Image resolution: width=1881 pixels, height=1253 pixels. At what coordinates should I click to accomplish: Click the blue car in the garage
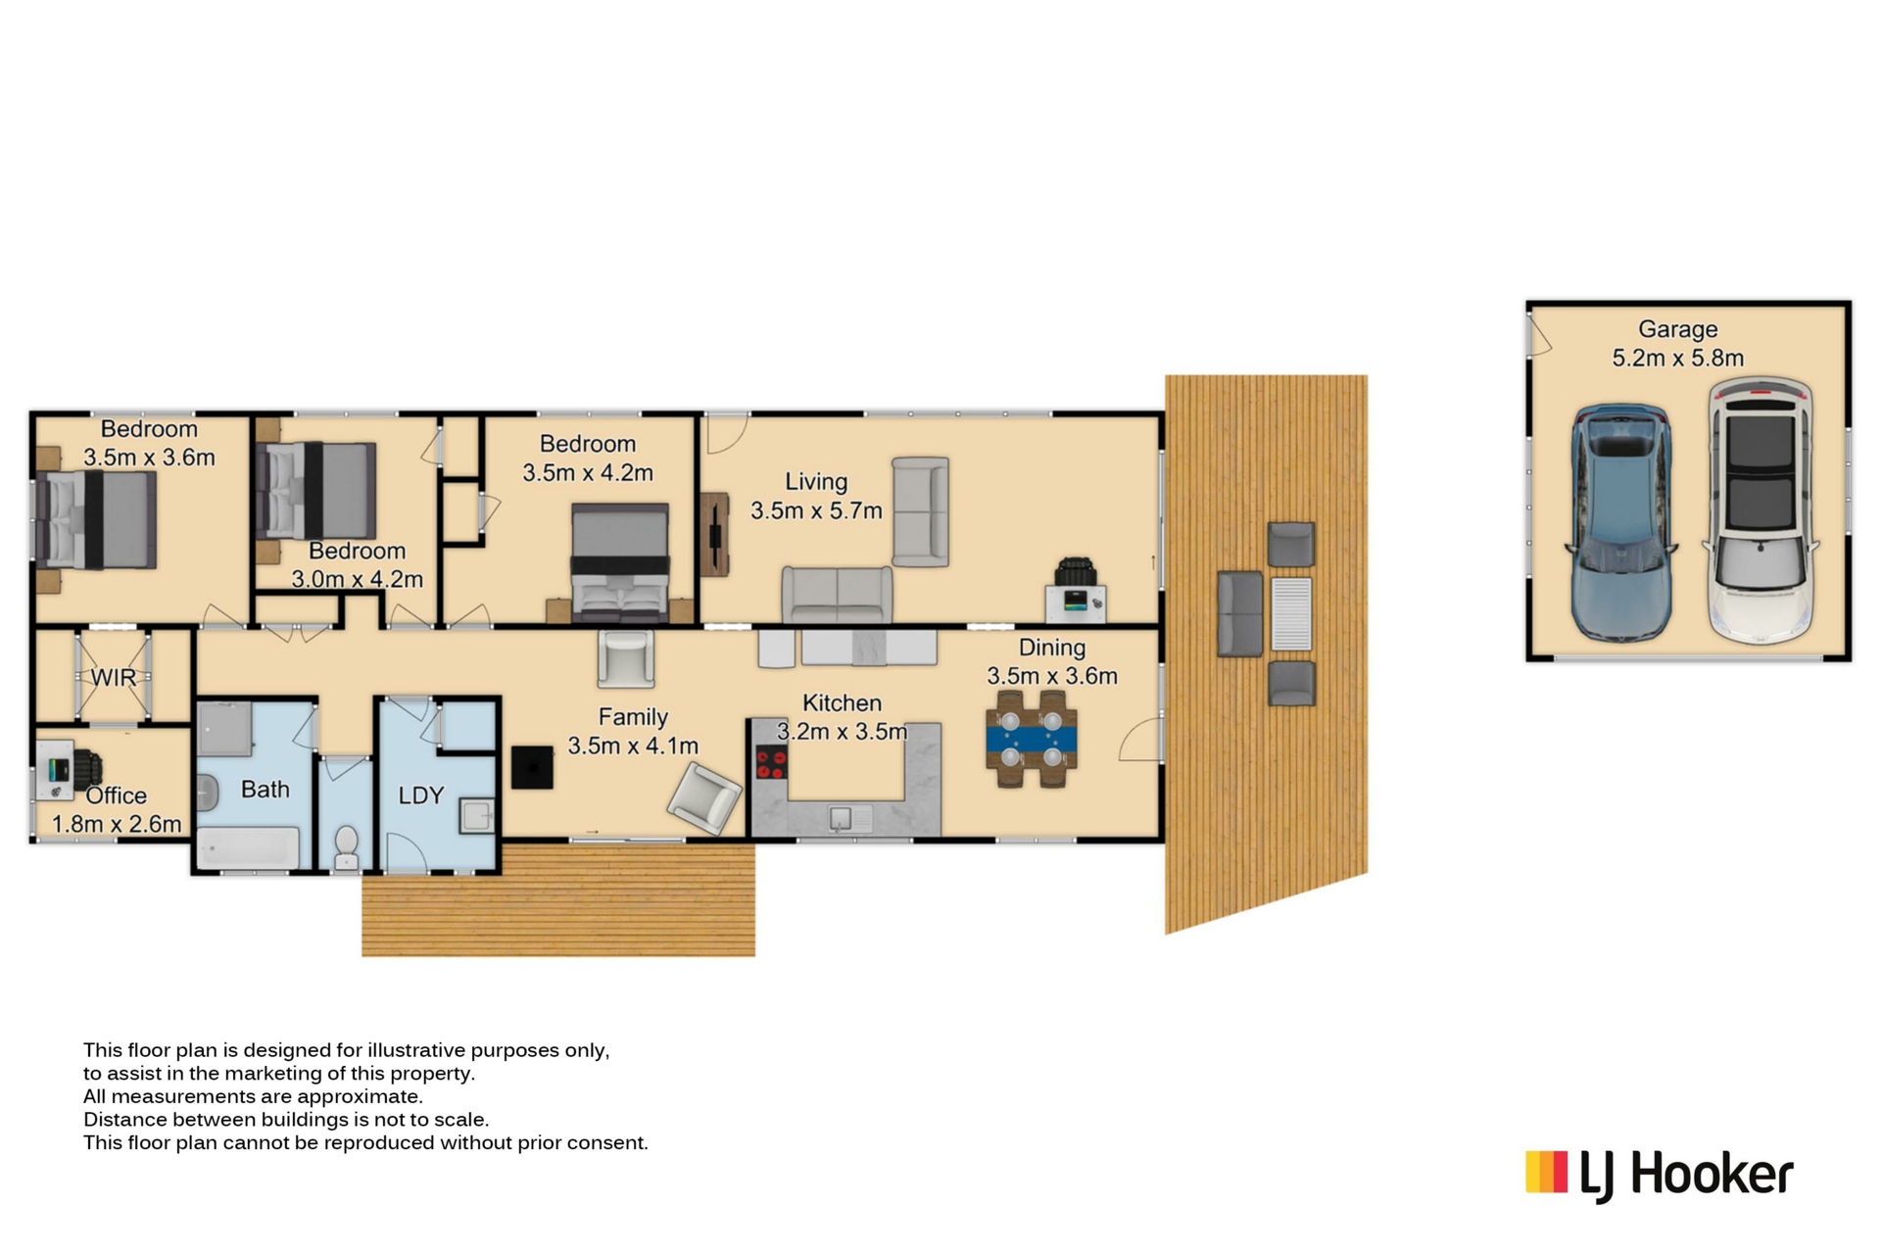tap(1620, 523)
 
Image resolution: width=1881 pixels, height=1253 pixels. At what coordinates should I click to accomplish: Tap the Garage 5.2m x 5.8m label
tap(1678, 344)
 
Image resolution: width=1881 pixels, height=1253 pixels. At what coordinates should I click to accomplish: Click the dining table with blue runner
tap(1032, 739)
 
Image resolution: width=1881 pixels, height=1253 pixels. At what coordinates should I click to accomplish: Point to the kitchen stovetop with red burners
tap(771, 762)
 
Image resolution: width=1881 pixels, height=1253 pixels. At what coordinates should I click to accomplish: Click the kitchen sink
tap(841, 818)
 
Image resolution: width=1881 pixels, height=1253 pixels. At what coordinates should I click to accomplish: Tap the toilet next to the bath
tap(346, 846)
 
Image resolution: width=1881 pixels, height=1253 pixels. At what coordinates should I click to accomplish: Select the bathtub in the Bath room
tap(249, 848)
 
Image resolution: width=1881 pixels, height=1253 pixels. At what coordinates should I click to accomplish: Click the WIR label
tap(114, 677)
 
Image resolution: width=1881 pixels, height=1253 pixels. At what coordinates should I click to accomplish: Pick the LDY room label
tap(421, 795)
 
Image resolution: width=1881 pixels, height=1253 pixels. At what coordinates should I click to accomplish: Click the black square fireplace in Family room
tap(532, 767)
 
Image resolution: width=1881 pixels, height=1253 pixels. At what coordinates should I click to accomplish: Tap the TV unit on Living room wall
tap(715, 534)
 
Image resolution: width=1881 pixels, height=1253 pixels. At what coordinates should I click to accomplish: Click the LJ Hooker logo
tap(1660, 1175)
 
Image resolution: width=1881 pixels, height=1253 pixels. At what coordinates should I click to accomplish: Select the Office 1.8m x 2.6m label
tap(117, 810)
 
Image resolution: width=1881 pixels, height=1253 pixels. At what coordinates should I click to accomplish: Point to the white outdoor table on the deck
tap(1291, 614)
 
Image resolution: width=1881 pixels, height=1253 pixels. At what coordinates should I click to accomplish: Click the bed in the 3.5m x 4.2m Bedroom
tap(620, 562)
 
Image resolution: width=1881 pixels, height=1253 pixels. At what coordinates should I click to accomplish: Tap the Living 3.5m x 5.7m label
tap(816, 496)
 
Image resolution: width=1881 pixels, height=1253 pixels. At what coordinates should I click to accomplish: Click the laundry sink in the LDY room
tap(477, 815)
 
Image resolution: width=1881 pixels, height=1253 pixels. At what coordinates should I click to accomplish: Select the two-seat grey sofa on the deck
tap(1240, 613)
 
